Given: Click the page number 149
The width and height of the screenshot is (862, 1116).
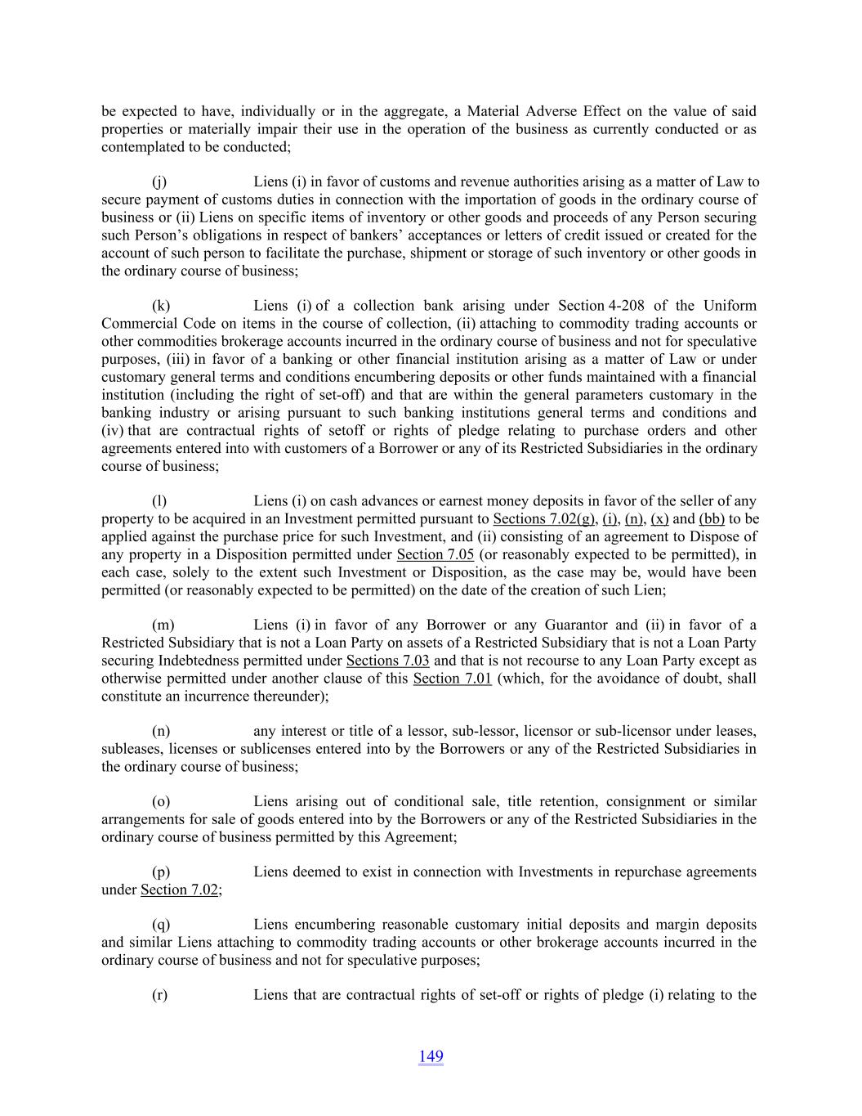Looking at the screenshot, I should click(431, 1056).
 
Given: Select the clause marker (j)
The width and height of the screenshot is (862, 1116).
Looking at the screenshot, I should click(160, 182).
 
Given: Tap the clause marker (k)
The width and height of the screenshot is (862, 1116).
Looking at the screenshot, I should click(161, 306).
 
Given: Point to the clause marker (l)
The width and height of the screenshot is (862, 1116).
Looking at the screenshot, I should click(159, 501).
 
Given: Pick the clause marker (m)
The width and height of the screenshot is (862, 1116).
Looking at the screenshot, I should click(163, 625).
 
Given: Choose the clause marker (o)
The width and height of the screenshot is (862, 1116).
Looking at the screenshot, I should click(161, 802).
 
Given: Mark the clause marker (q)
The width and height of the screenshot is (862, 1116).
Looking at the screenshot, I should click(161, 925).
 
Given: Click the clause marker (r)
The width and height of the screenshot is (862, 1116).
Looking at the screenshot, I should click(160, 995).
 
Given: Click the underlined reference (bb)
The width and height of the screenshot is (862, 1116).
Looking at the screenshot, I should click(712, 519).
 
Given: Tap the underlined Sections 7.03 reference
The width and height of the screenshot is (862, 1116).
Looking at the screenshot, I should click(388, 661).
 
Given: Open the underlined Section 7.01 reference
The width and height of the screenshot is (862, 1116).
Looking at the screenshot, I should click(453, 679).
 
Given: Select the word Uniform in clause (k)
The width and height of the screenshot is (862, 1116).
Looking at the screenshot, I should click(730, 306).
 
